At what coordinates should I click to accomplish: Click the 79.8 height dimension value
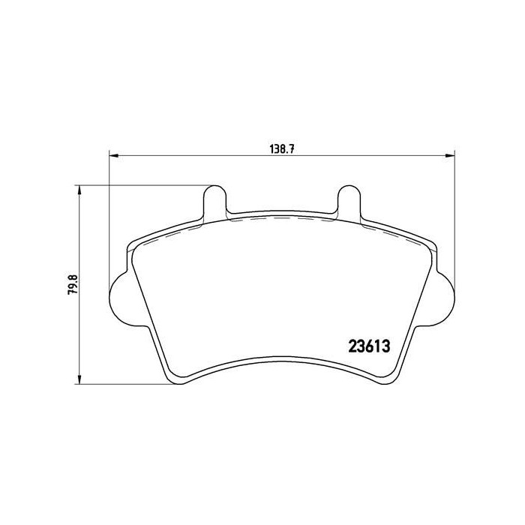[x=72, y=286]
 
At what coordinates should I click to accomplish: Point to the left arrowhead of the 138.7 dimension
[x=114, y=156]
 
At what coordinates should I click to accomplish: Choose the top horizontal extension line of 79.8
[x=142, y=184]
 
